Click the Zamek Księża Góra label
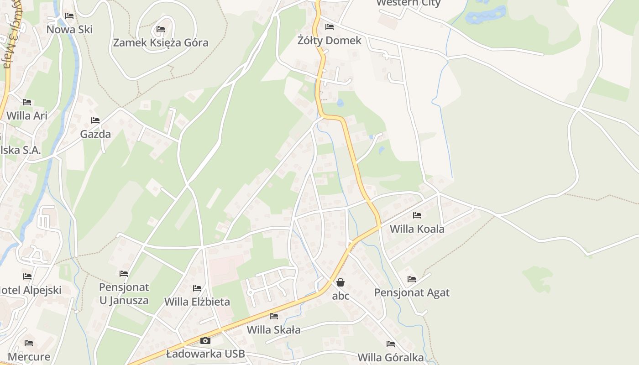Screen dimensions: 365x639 160,43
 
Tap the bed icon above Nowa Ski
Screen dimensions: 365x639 69,16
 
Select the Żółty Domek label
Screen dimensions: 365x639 329,41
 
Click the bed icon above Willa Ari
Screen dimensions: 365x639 27,102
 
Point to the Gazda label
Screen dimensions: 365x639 95,134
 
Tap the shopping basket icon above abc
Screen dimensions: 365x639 340,282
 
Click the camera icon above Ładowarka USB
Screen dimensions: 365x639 205,340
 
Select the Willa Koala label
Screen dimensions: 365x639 417,229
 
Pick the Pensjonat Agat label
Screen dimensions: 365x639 412,293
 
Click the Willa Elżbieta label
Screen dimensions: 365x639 197,302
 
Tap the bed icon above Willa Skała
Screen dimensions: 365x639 274,316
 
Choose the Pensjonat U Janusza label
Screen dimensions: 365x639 124,294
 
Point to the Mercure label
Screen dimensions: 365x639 29,357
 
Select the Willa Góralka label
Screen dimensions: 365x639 391,358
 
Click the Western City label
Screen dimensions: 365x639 408,3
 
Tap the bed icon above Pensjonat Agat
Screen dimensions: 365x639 412,279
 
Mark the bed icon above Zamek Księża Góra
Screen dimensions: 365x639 160,29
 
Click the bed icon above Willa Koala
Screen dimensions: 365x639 417,215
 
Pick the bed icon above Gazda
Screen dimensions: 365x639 95,120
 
